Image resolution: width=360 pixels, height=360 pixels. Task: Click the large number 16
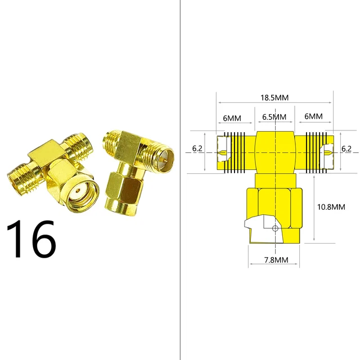tap(31, 239)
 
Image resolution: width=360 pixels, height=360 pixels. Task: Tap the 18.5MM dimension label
tap(274, 97)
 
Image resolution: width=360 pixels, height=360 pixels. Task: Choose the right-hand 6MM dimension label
tap(313, 116)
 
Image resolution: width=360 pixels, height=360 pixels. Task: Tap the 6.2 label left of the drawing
tap(197, 148)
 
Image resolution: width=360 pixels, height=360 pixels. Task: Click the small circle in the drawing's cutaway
tap(274, 228)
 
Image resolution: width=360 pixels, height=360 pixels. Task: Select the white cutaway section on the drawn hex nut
tap(260, 227)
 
